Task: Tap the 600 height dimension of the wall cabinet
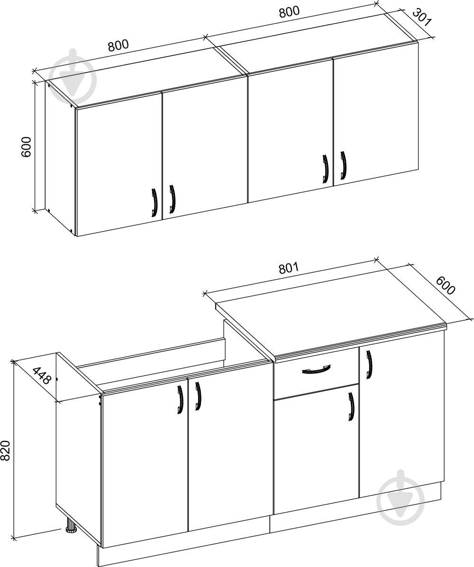[x=27, y=146]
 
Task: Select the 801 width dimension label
[x=289, y=268]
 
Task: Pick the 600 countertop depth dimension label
[x=445, y=286]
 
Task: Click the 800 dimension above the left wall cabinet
[x=118, y=45]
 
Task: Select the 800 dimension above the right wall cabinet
[x=289, y=12]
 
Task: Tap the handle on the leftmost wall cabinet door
[x=155, y=203]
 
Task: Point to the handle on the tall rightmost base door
[x=369, y=365]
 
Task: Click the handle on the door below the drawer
[x=351, y=407]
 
